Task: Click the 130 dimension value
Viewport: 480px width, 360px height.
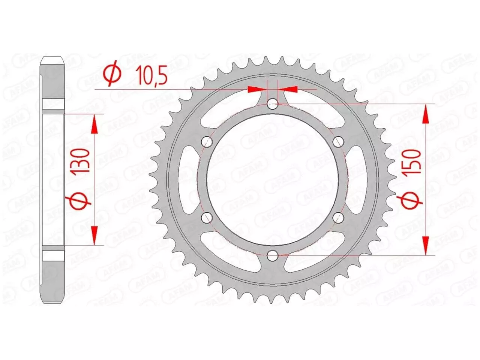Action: point(81,160)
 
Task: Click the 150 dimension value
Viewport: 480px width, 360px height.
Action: point(412,160)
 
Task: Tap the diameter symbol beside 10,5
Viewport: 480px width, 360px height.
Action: point(113,75)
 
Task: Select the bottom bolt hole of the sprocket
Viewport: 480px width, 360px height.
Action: point(273,256)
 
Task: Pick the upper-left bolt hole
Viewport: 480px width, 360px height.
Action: point(207,142)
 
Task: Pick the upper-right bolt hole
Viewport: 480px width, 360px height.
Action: point(339,142)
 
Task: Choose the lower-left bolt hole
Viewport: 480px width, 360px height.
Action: point(207,217)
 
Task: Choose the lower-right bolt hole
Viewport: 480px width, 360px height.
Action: point(339,217)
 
